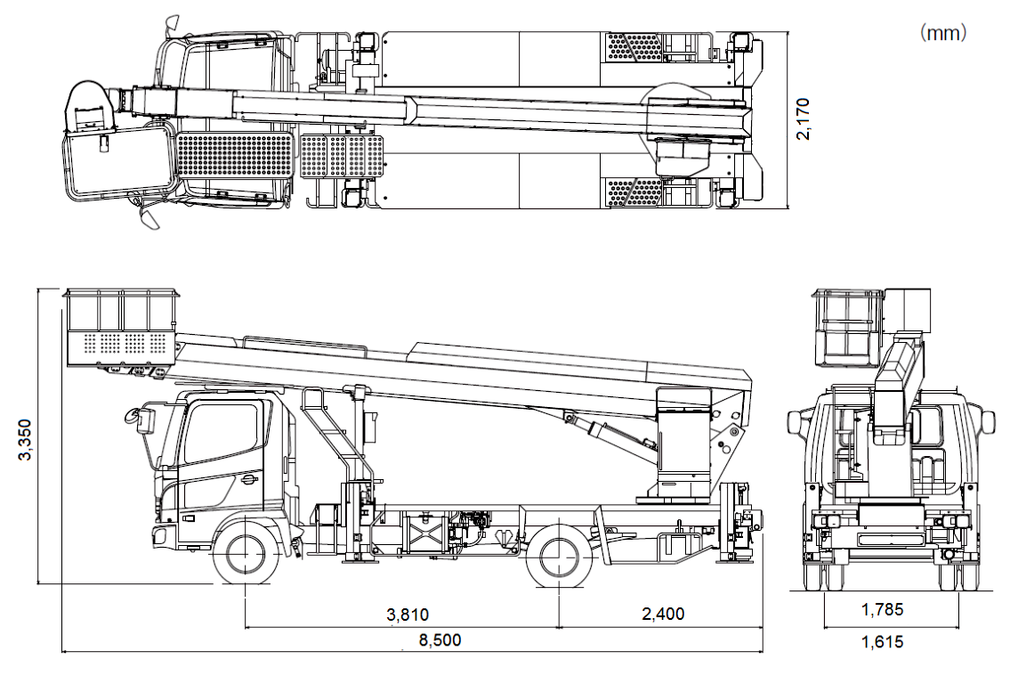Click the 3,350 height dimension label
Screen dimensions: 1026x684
pos(25,440)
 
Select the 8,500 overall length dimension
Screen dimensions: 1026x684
pos(440,640)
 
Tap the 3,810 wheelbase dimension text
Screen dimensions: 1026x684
pos(408,615)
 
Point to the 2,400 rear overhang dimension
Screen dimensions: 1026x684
pos(663,614)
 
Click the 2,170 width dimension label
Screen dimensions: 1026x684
pos(803,118)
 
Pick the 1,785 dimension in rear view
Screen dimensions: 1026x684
pos(882,610)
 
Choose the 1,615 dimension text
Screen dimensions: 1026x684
pos(882,642)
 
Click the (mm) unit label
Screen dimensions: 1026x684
pos(943,33)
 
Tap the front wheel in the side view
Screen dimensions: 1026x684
pos(246,553)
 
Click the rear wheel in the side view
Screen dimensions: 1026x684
pos(559,554)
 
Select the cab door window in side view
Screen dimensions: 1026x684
pos(222,432)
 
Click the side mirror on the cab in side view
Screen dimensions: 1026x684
pos(142,419)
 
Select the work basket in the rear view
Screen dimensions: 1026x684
pos(848,328)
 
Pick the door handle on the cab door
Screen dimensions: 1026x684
pos(248,481)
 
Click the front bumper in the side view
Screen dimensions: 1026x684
pos(159,535)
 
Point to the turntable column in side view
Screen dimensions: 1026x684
pos(683,444)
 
